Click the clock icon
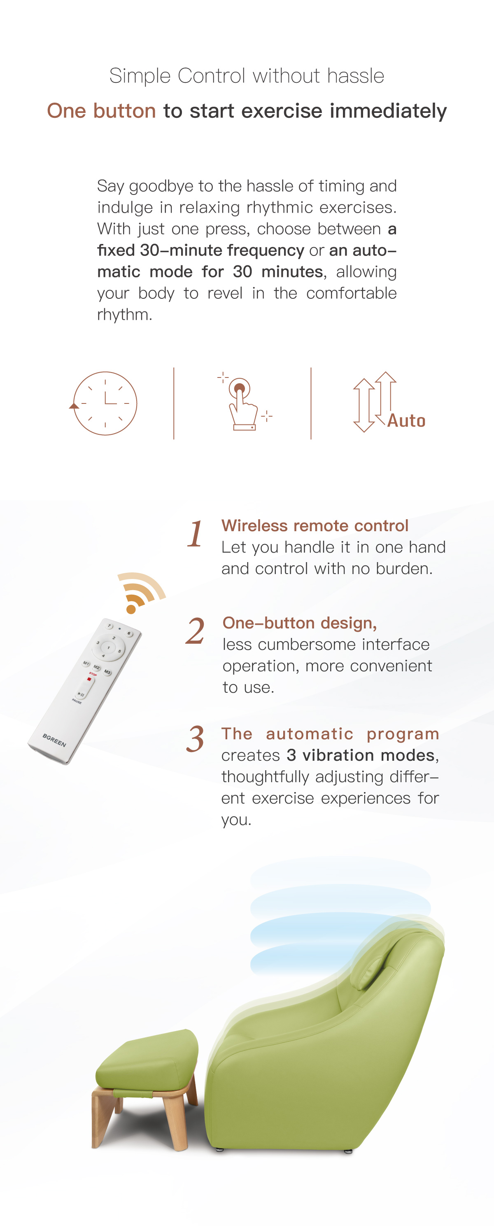[105, 403]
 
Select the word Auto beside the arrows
[406, 421]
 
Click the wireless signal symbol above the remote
[140, 592]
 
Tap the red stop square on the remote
[89, 679]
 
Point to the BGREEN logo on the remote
[54, 740]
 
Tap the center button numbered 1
[109, 648]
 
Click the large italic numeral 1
[195, 534]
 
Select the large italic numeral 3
[195, 740]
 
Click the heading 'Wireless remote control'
[315, 525]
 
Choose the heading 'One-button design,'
[300, 623]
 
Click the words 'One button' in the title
[101, 111]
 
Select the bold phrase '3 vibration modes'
[360, 755]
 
